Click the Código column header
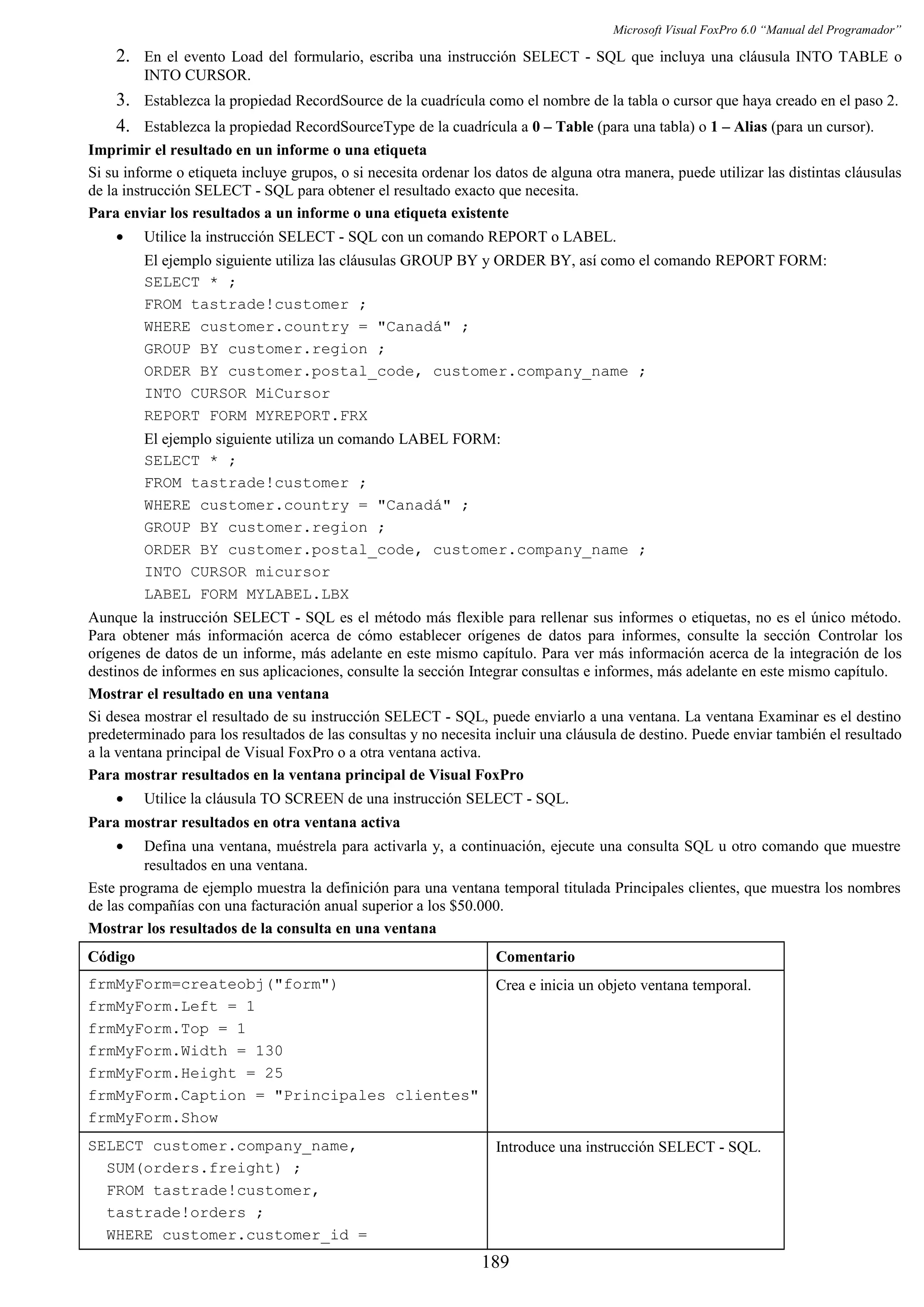[x=111, y=957]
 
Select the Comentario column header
[x=535, y=957]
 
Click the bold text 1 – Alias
[x=738, y=126]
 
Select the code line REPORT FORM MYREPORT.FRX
[x=256, y=416]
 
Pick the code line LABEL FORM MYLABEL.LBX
[x=246, y=595]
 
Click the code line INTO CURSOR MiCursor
[x=237, y=394]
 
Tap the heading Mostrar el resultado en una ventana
[x=208, y=694]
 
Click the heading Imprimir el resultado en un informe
[x=257, y=150]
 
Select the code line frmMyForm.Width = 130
[x=185, y=1051]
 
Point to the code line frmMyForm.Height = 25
[x=185, y=1073]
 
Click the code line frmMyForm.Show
[x=152, y=1118]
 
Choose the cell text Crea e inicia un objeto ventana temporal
[x=623, y=985]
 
